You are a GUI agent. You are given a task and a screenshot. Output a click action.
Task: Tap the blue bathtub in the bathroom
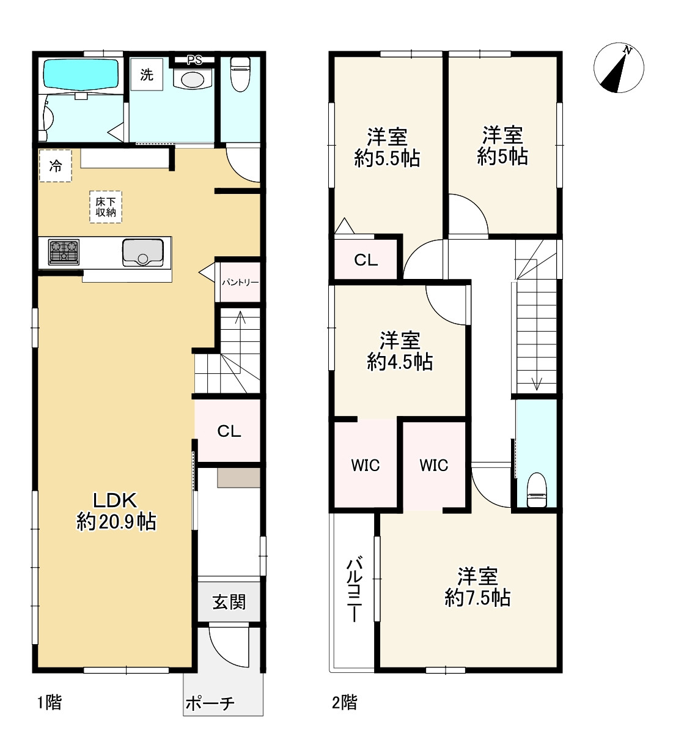(81, 75)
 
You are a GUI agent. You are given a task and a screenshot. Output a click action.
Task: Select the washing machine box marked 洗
(147, 75)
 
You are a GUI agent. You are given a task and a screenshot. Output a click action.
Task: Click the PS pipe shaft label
(194, 60)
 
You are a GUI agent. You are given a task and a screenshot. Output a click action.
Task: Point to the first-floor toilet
(240, 74)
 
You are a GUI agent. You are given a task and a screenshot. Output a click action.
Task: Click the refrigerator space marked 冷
(55, 166)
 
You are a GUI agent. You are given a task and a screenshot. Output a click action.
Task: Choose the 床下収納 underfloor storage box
(106, 207)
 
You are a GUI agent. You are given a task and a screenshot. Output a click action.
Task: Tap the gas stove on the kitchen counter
(64, 251)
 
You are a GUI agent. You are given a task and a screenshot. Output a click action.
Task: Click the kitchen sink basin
(142, 253)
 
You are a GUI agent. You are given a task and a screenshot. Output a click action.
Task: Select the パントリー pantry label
(240, 282)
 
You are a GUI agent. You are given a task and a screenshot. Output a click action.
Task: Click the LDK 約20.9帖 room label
(116, 511)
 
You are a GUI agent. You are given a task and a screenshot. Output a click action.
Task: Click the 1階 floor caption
(50, 702)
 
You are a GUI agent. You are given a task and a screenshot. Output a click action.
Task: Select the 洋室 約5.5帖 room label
(387, 147)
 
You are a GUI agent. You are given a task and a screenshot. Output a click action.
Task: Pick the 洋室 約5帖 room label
(502, 146)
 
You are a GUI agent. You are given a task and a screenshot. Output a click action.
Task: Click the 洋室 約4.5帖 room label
(400, 351)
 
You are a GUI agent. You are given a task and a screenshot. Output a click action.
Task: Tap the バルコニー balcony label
(354, 590)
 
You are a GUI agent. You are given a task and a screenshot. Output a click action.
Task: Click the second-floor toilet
(537, 489)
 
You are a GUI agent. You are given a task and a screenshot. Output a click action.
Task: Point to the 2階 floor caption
(345, 702)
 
